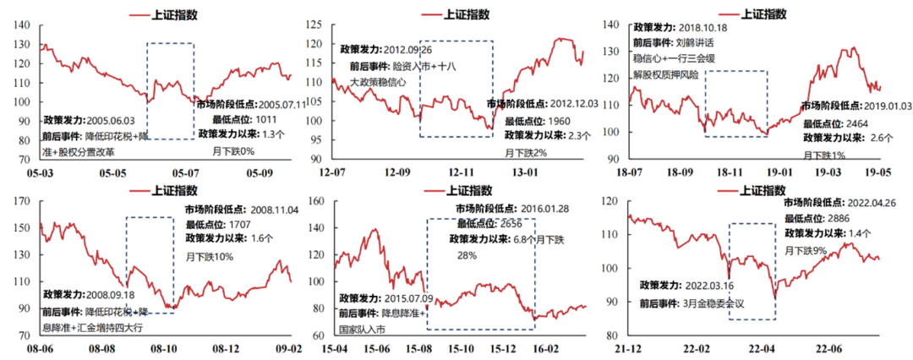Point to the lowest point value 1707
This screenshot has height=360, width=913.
point(243,223)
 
